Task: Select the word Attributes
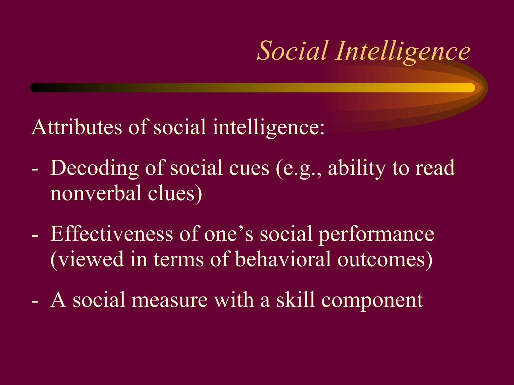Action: pos(77,127)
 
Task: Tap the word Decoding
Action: pos(95,168)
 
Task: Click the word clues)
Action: pos(175,193)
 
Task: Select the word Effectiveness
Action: pos(111,234)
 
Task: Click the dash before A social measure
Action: pos(35,302)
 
